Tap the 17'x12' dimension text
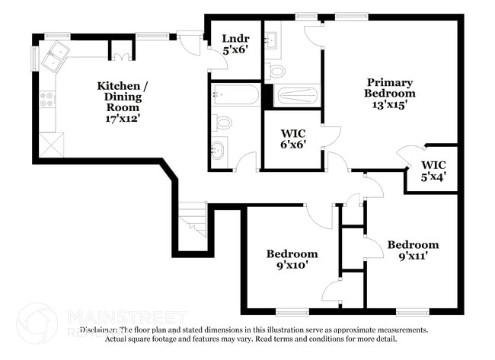click(x=122, y=118)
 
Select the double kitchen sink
click(x=56, y=57)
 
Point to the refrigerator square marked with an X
click(x=51, y=144)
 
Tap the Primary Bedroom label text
click(x=389, y=88)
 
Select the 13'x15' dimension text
click(x=389, y=106)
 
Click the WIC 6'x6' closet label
click(x=292, y=139)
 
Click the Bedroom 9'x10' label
click(x=291, y=260)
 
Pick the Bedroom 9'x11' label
click(x=413, y=250)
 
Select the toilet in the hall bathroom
click(x=222, y=123)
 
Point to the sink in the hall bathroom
click(x=219, y=148)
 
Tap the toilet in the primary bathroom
click(x=276, y=72)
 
